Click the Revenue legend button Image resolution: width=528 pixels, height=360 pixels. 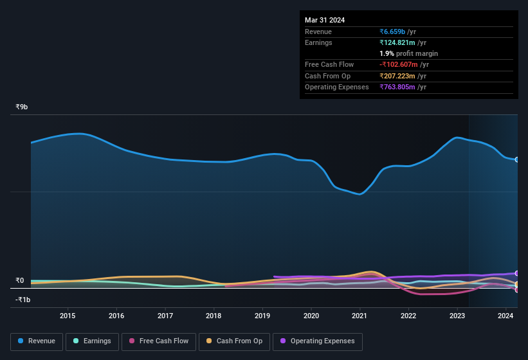37,341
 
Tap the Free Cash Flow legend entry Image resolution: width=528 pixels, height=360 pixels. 159,341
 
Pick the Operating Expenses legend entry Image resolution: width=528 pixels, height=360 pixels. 318,341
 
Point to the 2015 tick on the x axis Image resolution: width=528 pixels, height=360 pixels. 68,316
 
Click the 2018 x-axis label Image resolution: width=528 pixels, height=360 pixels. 214,316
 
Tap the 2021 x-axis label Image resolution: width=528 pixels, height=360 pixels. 360,316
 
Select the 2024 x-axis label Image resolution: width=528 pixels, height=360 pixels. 505,316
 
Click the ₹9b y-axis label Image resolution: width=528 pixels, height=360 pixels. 22,107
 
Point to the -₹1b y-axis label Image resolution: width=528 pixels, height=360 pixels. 23,300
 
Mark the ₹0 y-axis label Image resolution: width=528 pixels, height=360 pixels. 19,280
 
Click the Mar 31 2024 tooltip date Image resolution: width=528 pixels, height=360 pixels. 325,20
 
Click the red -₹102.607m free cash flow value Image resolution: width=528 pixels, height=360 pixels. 404,64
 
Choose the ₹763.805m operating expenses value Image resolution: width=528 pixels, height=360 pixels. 403,87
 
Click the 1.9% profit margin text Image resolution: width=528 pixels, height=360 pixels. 408,53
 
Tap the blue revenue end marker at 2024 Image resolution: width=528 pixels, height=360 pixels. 516,159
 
